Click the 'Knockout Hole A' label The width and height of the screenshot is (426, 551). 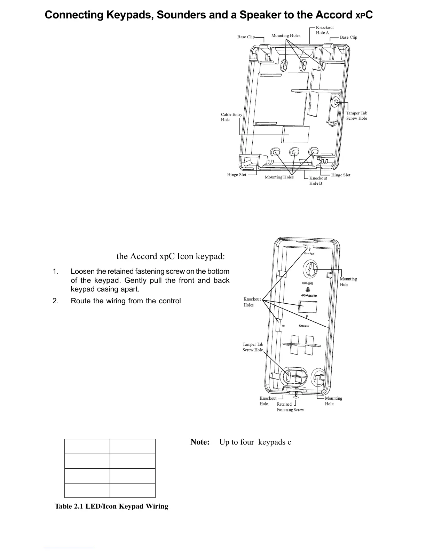[x=324, y=30]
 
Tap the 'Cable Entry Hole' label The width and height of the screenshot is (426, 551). [x=231, y=117]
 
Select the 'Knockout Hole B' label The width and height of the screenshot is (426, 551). [x=318, y=181]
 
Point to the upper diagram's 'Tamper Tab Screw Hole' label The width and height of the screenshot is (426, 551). [x=356, y=116]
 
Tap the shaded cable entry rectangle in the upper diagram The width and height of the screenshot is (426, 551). [x=295, y=135]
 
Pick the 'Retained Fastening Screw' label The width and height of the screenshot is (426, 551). [x=290, y=407]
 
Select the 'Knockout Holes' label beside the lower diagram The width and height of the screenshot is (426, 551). [x=252, y=302]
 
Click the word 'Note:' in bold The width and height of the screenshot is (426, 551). [x=200, y=442]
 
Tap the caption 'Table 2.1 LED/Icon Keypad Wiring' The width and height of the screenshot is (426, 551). [x=111, y=506]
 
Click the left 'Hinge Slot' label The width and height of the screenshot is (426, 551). [x=237, y=175]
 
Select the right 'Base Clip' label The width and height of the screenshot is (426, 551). [x=348, y=37]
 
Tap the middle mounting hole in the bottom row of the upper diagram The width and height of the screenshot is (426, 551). [x=295, y=152]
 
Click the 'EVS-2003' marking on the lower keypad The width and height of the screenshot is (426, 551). [x=308, y=284]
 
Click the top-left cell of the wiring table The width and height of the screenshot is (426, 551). [x=87, y=446]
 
